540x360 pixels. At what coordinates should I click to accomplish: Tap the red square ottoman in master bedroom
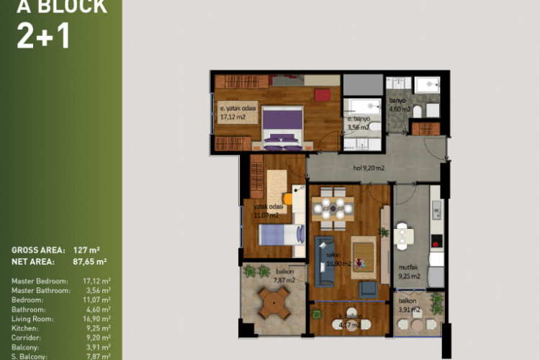coord(322,94)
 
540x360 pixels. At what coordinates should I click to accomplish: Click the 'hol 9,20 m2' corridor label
coord(368,168)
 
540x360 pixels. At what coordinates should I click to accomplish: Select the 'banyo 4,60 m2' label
coord(400,105)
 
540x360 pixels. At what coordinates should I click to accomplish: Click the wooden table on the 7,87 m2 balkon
coord(273,303)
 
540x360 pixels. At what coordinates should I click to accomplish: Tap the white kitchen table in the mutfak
coord(405,235)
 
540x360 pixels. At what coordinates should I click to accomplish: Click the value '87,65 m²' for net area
coord(90,261)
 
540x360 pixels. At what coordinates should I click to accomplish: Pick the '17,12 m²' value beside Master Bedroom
coord(96,281)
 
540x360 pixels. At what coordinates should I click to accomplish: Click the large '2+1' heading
coord(43,35)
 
